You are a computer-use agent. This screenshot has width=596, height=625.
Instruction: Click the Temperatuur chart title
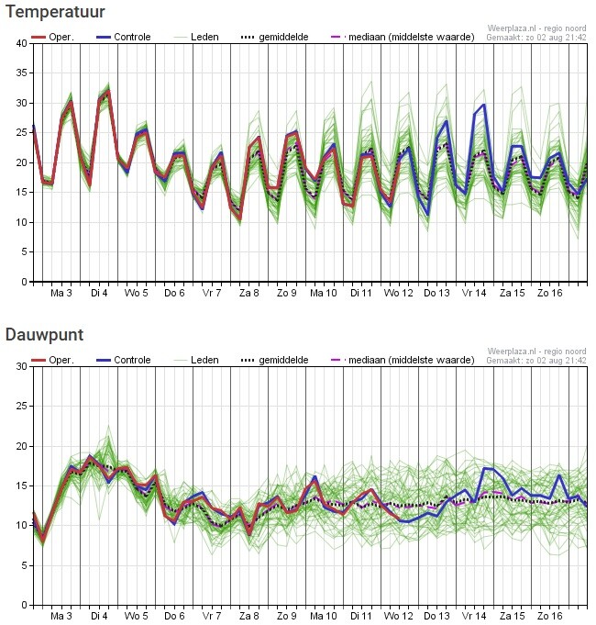pos(55,12)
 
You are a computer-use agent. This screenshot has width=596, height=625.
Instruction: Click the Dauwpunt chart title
pos(45,334)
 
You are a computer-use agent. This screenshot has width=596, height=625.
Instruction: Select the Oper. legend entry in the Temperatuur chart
pos(52,37)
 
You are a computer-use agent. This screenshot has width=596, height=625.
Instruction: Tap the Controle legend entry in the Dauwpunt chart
pos(124,360)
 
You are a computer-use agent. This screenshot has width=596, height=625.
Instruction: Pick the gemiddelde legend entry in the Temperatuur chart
pos(275,37)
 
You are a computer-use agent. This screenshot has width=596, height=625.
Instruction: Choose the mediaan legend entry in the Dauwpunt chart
pos(403,360)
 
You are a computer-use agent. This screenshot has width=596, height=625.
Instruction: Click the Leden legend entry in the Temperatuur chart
pos(196,37)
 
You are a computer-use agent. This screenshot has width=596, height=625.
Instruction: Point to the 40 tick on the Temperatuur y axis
pos(22,43)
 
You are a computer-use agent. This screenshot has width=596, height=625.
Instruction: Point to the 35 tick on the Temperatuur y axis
pos(22,73)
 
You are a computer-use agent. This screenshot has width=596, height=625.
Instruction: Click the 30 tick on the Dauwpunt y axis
pos(22,366)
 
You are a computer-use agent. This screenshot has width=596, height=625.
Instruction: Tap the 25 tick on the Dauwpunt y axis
pos(22,407)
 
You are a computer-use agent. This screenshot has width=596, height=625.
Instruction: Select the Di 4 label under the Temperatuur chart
pos(99,293)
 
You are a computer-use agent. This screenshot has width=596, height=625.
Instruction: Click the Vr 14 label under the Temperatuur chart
pos(475,293)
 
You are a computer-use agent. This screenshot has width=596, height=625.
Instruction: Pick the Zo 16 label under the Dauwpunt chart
pos(550,616)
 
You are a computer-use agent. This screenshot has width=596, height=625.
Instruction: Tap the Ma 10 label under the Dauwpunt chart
pos(324,616)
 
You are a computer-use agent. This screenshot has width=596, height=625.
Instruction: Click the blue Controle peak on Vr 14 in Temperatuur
pos(484,105)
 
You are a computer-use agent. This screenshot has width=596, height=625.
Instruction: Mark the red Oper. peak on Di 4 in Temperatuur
pos(108,91)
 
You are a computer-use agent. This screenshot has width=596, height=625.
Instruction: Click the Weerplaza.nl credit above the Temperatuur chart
pos(536,28)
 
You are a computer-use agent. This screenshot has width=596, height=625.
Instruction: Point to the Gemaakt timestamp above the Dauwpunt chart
pos(536,361)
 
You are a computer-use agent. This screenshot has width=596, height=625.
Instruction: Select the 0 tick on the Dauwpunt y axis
pos(25,605)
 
